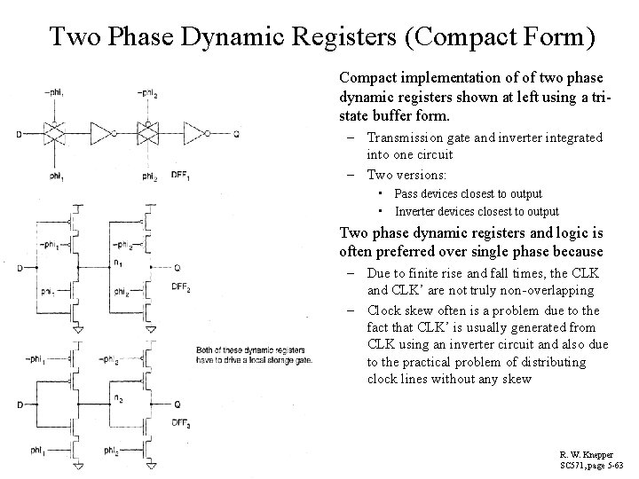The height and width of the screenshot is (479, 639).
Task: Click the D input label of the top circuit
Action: click(19, 134)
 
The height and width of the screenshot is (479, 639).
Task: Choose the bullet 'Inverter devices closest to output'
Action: click(477, 211)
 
